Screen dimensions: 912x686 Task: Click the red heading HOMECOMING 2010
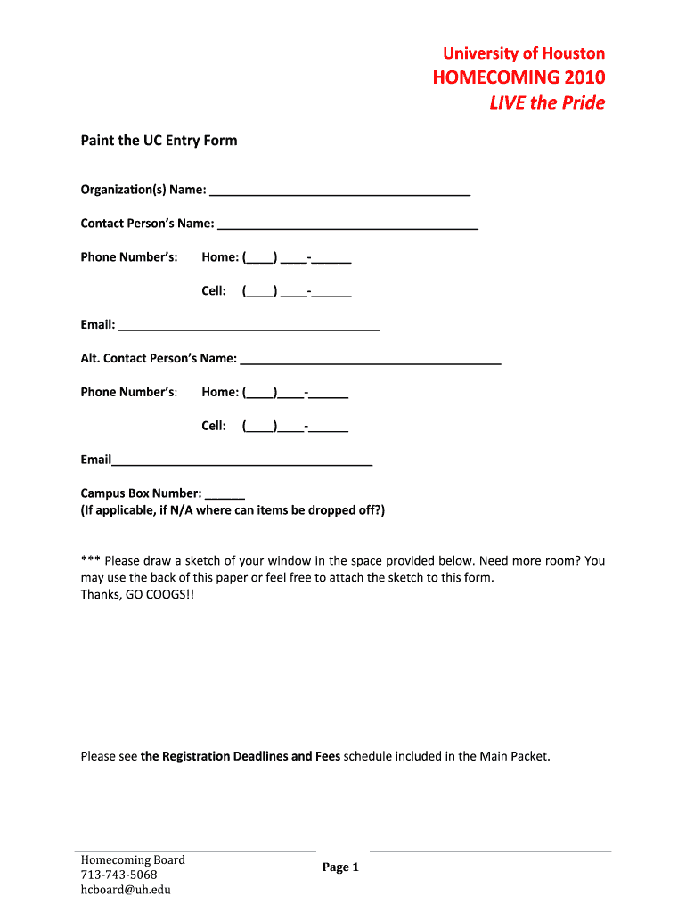pos(519,77)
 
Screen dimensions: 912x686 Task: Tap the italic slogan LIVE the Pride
pos(547,103)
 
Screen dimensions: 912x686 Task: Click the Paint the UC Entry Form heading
pos(159,141)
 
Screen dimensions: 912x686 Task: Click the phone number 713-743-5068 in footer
pos(118,875)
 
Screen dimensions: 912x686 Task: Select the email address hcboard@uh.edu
pos(126,889)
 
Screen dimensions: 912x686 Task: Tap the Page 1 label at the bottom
pos(339,867)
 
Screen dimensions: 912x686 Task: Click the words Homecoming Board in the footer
pos(133,859)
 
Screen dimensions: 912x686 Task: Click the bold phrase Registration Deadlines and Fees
pos(241,757)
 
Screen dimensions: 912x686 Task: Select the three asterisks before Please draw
pos(90,561)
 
